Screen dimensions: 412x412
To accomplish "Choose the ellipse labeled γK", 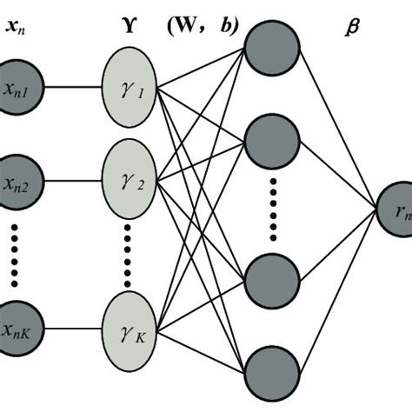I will point(130,329).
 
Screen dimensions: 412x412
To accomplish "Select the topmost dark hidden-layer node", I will point(271,48).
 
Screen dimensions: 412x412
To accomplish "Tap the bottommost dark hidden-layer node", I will point(271,372).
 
